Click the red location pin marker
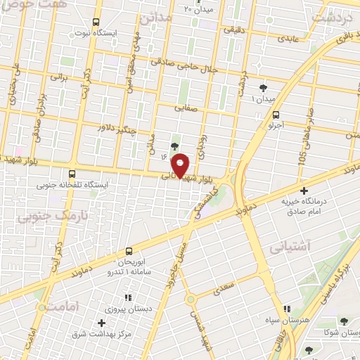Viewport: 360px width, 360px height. point(180,166)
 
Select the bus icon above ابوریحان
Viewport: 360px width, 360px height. point(129,251)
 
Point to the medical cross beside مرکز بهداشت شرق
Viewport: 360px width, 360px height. point(103,323)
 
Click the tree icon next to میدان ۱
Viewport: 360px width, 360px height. point(263,88)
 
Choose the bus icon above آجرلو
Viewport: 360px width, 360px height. point(275,115)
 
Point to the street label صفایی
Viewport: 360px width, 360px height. point(186,108)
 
